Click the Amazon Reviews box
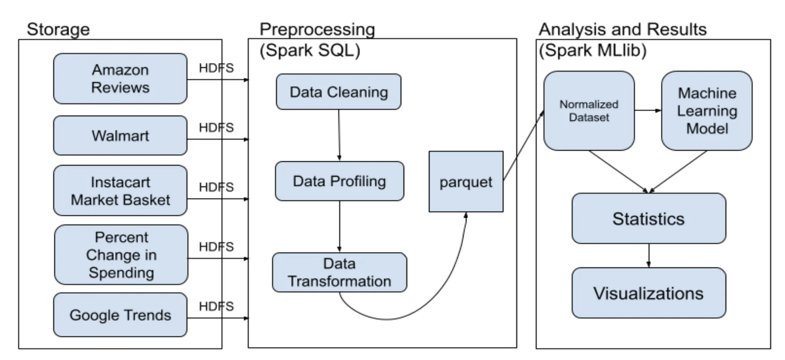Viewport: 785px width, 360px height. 120,78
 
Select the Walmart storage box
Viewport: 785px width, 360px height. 120,136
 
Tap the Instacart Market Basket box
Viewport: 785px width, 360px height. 120,190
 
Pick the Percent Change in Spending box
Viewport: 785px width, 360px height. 121,255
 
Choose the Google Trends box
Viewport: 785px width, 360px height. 120,315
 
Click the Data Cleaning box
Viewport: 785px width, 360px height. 339,92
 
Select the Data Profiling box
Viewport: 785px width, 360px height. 339,181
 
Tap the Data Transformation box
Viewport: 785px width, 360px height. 339,272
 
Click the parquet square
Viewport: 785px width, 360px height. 466,182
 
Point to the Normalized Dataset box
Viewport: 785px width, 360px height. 589,111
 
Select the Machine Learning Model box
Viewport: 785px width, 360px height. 707,111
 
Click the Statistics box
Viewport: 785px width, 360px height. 649,218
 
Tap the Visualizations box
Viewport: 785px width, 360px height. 649,293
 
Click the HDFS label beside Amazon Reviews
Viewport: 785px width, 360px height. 216,68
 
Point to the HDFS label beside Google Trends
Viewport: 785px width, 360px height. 216,306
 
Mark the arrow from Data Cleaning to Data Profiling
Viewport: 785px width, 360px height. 339,135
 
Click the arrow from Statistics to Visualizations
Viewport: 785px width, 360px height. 649,255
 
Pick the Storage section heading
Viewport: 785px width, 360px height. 58,30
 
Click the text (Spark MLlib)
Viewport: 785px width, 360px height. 592,51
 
